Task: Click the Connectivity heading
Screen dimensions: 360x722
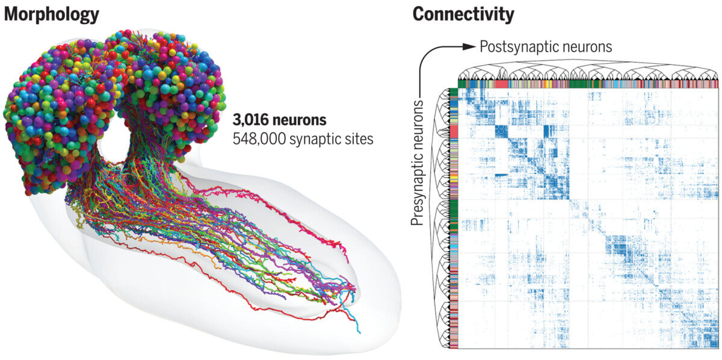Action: click(x=464, y=14)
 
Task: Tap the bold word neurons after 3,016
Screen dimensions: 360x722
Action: click(x=301, y=120)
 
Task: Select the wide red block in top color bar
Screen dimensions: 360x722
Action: click(x=501, y=84)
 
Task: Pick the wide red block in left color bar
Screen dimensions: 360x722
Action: click(x=454, y=132)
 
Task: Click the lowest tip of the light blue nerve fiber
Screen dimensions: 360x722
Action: click(x=359, y=332)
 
